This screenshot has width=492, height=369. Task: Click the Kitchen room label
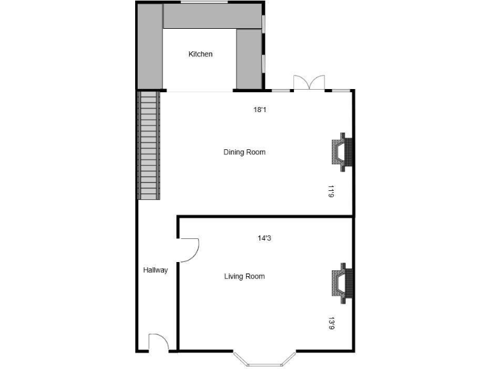pos(200,54)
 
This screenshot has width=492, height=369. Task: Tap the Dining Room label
pos(244,152)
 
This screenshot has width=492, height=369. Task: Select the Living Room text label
pos(244,277)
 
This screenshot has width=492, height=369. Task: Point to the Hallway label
pos(155,270)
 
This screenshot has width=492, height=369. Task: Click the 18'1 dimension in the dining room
pos(259,110)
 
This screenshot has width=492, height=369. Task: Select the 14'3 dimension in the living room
pos(264,238)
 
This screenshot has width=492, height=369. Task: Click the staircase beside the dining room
pos(149,145)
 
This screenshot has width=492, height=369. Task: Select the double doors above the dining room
pos(309,83)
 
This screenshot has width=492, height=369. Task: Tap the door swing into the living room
pos(190,250)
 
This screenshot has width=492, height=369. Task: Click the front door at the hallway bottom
pos(158,343)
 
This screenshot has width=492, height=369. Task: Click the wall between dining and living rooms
pos(265,218)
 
